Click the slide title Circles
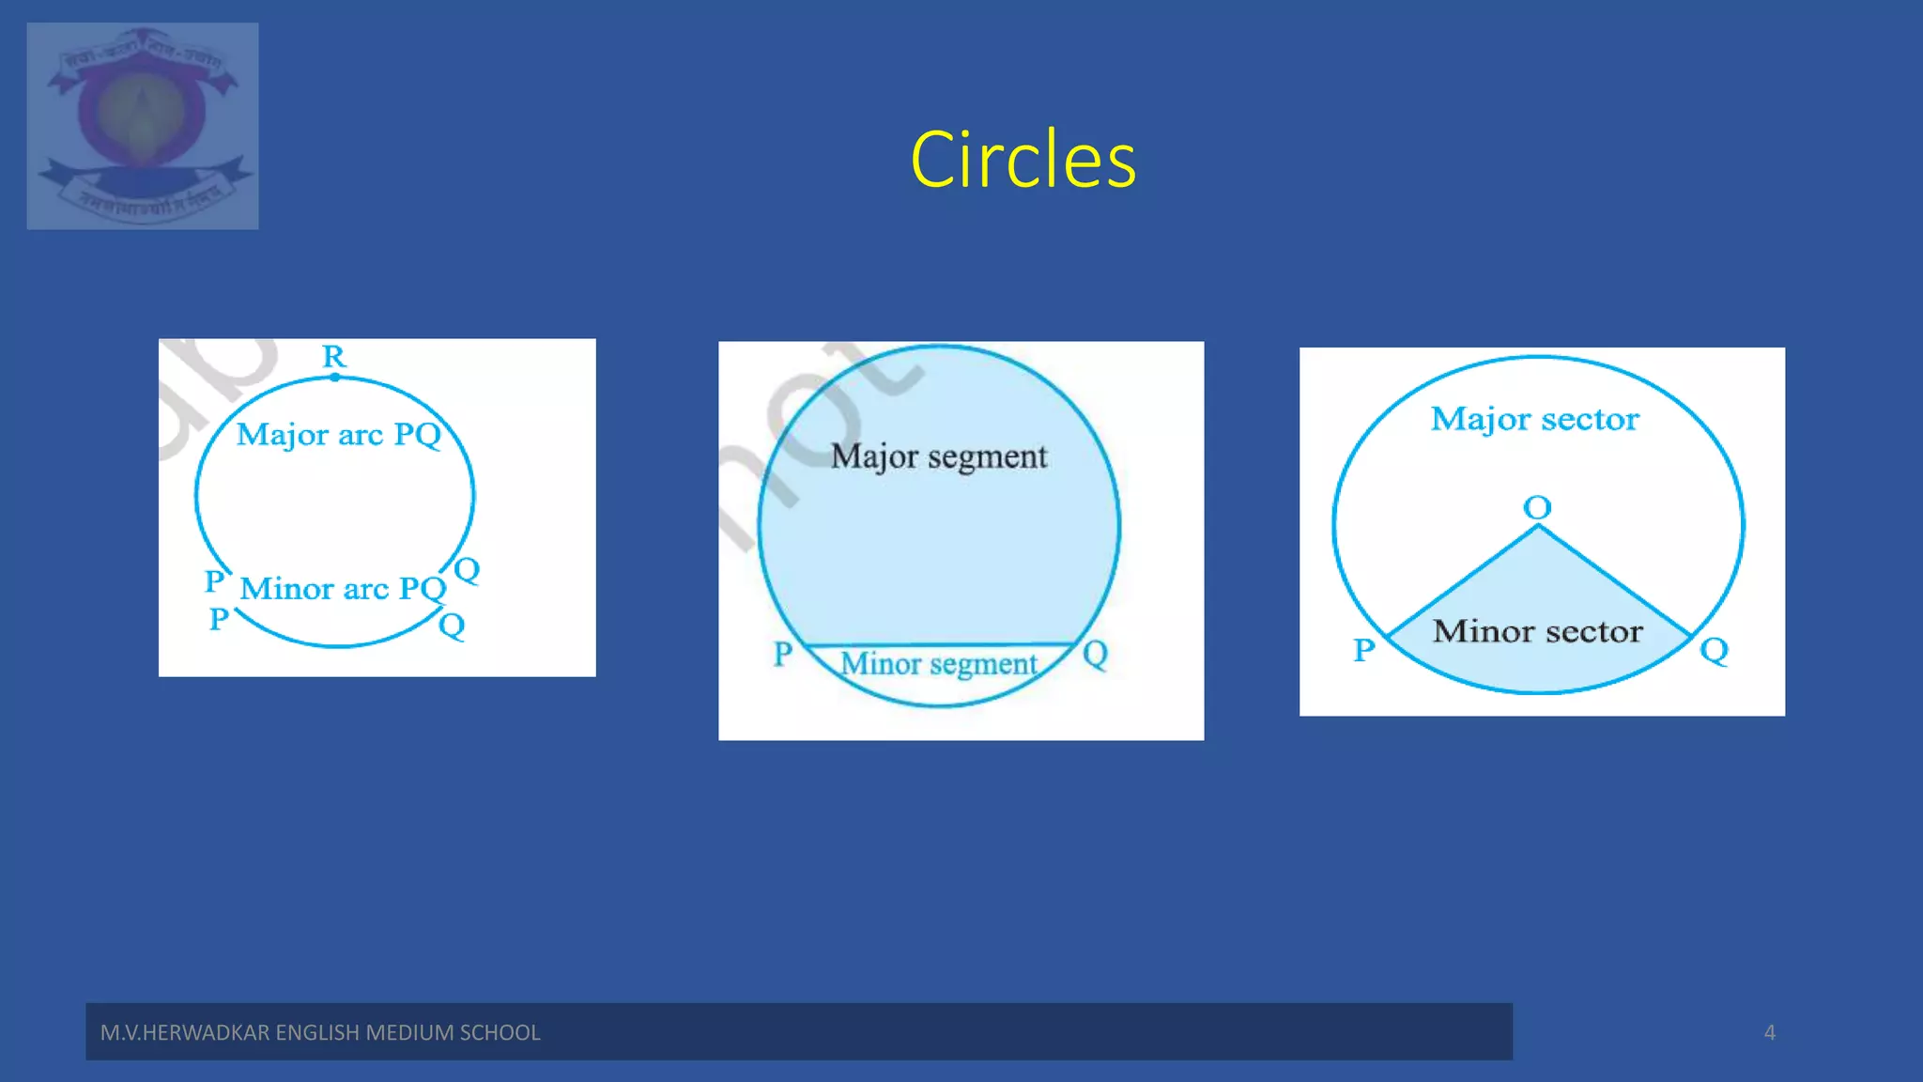(x=1023, y=160)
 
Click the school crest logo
(x=143, y=126)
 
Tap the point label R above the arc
(x=334, y=356)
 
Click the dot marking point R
(x=335, y=378)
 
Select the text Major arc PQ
(x=338, y=435)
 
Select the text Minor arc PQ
(x=342, y=589)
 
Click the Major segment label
(x=938, y=456)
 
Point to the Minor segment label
(x=938, y=664)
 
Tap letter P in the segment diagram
(x=783, y=654)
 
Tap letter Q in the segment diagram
(x=1095, y=654)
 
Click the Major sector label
(x=1534, y=419)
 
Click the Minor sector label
(x=1537, y=631)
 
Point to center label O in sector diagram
(x=1537, y=508)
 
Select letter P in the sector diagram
(x=1364, y=650)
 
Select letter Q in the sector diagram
(x=1714, y=650)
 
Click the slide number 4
(x=1769, y=1032)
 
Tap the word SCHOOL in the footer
(x=500, y=1032)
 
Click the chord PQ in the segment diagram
(x=939, y=644)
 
